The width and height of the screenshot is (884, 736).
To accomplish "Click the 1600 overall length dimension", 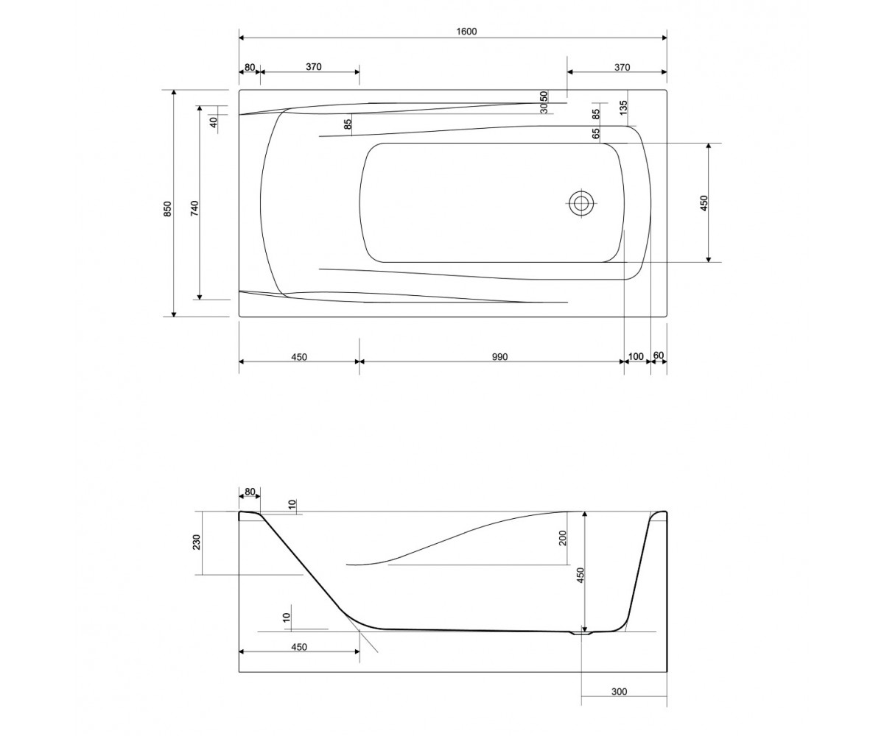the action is [467, 32].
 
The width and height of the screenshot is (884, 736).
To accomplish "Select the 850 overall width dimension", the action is [168, 209].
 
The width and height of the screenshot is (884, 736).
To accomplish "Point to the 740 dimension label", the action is [194, 208].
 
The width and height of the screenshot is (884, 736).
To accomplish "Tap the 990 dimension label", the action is [499, 357].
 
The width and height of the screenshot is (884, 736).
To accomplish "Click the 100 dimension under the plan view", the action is [636, 357].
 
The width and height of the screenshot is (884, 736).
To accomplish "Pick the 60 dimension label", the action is [659, 355].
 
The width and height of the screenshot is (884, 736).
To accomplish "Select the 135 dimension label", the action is [622, 108].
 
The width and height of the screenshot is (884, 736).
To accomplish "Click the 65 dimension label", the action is [596, 134].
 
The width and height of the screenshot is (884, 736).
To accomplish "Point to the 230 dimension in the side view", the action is [196, 542].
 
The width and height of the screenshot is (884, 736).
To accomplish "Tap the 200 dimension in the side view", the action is [563, 538].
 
